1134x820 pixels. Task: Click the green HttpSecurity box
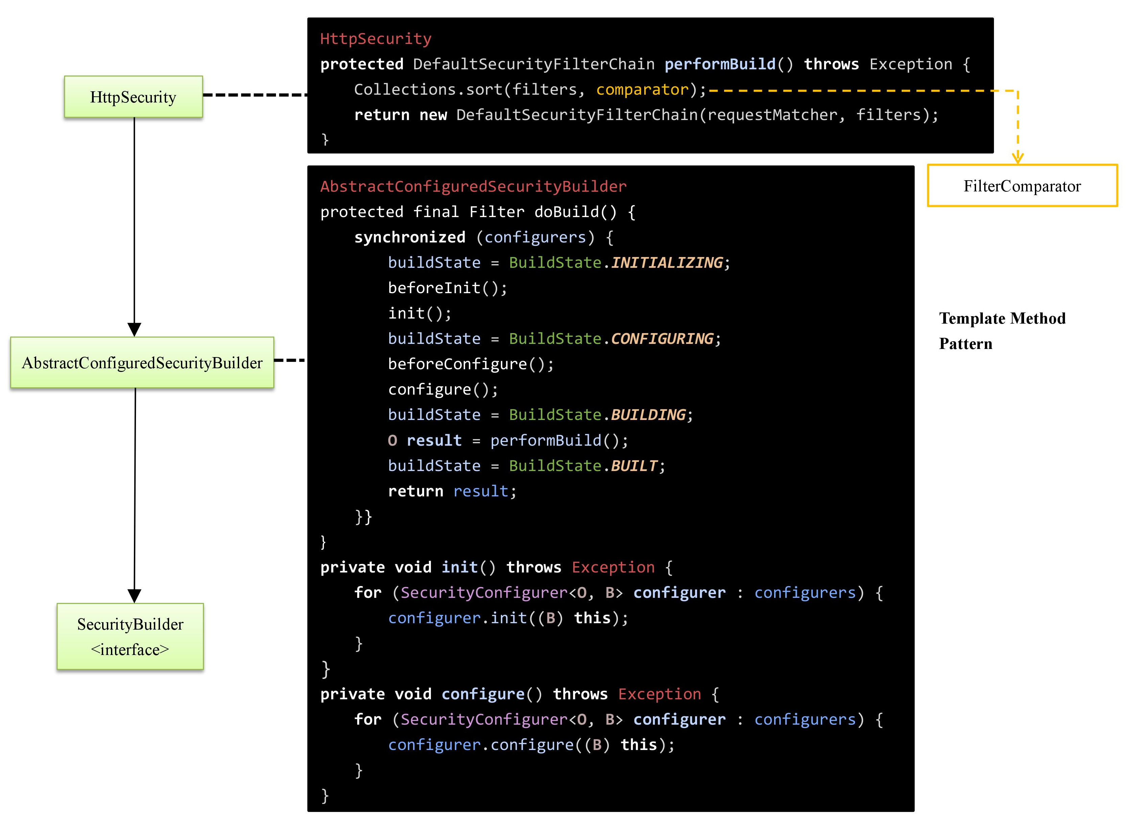pyautogui.click(x=133, y=97)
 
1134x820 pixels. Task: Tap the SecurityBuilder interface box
pyautogui.click(x=130, y=636)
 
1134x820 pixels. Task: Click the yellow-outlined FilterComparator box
pyautogui.click(x=1022, y=186)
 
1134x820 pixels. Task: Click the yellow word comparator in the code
pyautogui.click(x=642, y=90)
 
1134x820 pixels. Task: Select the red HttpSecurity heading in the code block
pyautogui.click(x=375, y=39)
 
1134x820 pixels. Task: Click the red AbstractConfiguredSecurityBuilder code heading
pyautogui.click(x=473, y=187)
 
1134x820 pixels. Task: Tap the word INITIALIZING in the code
pyautogui.click(x=667, y=262)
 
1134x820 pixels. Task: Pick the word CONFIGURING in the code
pyautogui.click(x=662, y=338)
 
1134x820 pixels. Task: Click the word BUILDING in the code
pyautogui.click(x=648, y=415)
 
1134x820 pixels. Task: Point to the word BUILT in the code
pyautogui.click(x=633, y=466)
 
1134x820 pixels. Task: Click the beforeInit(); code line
pyautogui.click(x=447, y=288)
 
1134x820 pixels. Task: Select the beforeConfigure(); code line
pyautogui.click(x=471, y=364)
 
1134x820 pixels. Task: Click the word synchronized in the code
pyautogui.click(x=410, y=237)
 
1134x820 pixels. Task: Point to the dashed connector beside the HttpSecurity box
pyautogui.click(x=255, y=94)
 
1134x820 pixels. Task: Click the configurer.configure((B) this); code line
pyautogui.click(x=531, y=745)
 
